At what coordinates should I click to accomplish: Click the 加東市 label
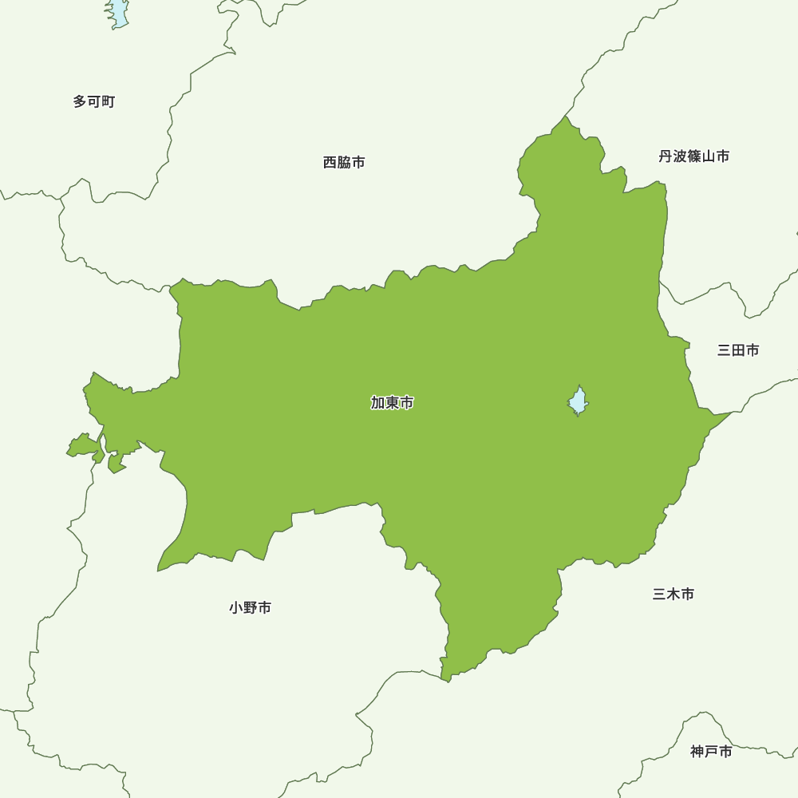pyautogui.click(x=392, y=403)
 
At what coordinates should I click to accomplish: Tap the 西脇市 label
pyautogui.click(x=344, y=163)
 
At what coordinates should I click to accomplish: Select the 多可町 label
pyautogui.click(x=94, y=102)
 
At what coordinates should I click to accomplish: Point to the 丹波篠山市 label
pyautogui.click(x=693, y=156)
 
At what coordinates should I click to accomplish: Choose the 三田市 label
pyautogui.click(x=738, y=350)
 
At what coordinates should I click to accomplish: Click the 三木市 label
pyautogui.click(x=673, y=595)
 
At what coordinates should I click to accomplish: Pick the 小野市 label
pyautogui.click(x=250, y=608)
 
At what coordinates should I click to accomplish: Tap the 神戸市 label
pyautogui.click(x=711, y=752)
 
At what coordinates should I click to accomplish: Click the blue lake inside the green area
pyautogui.click(x=579, y=401)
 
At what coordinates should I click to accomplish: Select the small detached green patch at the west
pyautogui.click(x=82, y=446)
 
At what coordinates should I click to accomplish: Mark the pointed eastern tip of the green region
pyautogui.click(x=730, y=413)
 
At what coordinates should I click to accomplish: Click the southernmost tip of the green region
pyautogui.click(x=448, y=680)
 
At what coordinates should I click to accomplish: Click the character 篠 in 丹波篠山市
pyautogui.click(x=693, y=156)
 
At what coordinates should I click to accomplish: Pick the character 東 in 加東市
pyautogui.click(x=392, y=403)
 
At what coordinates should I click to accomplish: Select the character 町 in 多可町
pyautogui.click(x=109, y=102)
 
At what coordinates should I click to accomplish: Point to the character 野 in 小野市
pyautogui.click(x=250, y=608)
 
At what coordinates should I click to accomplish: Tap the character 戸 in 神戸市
pyautogui.click(x=711, y=752)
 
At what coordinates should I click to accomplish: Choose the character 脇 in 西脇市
pyautogui.click(x=344, y=163)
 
